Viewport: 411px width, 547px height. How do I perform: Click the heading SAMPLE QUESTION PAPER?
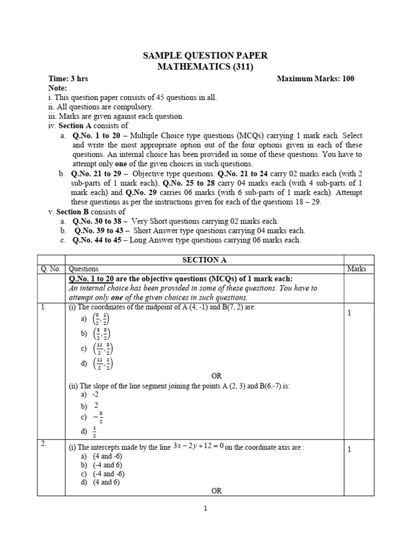click(x=205, y=56)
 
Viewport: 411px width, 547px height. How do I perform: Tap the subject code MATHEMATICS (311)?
click(x=205, y=67)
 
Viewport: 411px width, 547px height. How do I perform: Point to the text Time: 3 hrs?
click(x=68, y=79)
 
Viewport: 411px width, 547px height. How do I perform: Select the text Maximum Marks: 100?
click(x=315, y=79)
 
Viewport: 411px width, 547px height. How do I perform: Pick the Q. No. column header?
click(x=50, y=269)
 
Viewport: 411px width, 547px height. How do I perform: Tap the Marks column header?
click(x=356, y=269)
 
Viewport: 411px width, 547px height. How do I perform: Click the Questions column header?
click(x=83, y=269)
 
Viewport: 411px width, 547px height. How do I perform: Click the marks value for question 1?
click(x=349, y=313)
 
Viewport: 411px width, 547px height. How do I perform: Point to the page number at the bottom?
click(x=205, y=509)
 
